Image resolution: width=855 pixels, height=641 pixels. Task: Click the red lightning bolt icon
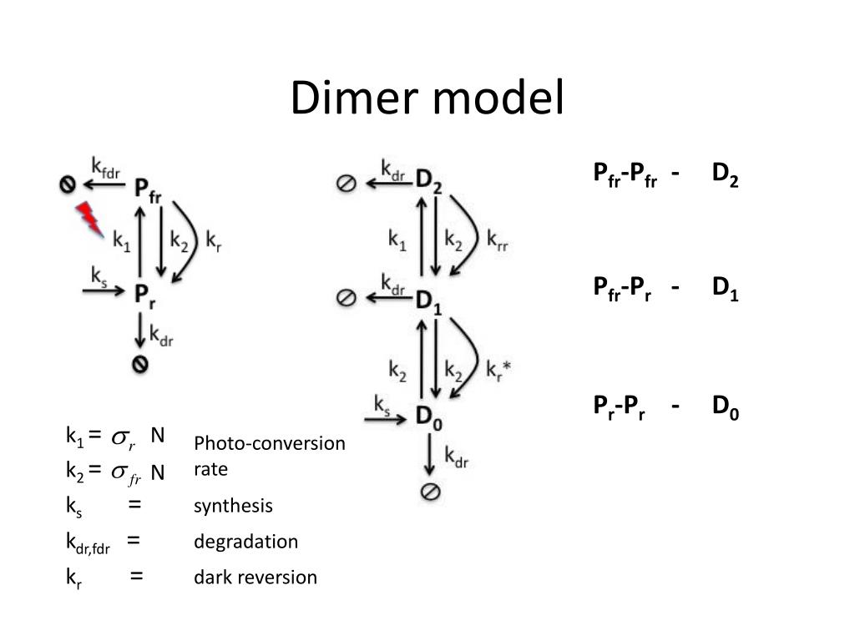pyautogui.click(x=89, y=219)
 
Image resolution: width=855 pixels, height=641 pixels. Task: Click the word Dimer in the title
pyautogui.click(x=354, y=98)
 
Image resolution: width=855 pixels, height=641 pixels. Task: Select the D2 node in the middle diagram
pyautogui.click(x=428, y=180)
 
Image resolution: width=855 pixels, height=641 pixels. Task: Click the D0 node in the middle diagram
pyautogui.click(x=428, y=418)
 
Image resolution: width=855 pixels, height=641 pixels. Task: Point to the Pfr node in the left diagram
pyautogui.click(x=148, y=191)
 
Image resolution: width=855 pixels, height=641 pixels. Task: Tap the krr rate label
pyautogui.click(x=498, y=240)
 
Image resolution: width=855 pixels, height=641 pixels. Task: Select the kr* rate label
pyautogui.click(x=498, y=370)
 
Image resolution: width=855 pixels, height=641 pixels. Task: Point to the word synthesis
pyautogui.click(x=233, y=506)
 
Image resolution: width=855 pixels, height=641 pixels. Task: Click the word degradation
pyautogui.click(x=246, y=541)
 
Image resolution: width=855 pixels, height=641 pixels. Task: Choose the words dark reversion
pyautogui.click(x=255, y=578)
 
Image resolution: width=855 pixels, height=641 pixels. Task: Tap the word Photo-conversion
pyautogui.click(x=270, y=443)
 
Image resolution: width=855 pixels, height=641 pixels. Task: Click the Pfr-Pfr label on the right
pyautogui.click(x=625, y=174)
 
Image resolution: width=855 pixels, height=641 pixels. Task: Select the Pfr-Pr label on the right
pyautogui.click(x=622, y=289)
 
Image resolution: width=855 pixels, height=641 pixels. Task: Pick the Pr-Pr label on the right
pyautogui.click(x=619, y=407)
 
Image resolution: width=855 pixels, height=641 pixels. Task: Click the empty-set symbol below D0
pyautogui.click(x=431, y=492)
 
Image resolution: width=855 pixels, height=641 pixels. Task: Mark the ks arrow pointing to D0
pyautogui.click(x=385, y=419)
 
